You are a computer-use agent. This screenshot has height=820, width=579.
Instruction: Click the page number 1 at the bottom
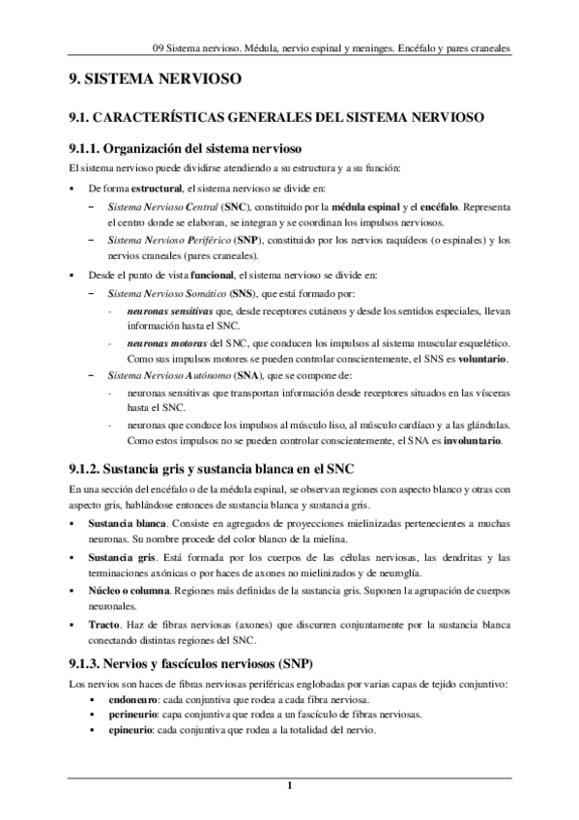(x=289, y=795)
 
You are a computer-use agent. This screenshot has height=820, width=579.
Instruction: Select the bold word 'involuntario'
(x=471, y=441)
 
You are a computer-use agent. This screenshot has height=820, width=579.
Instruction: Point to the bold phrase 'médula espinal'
(x=364, y=207)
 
